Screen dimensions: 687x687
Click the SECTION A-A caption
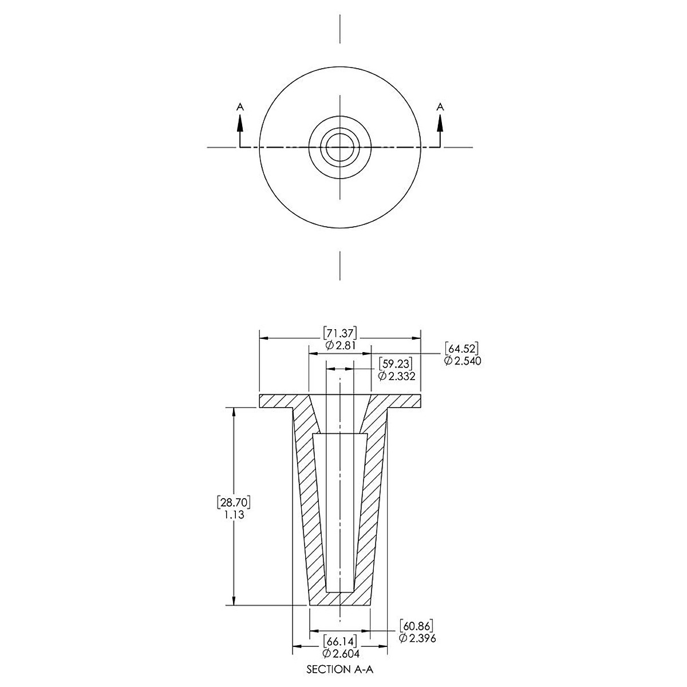(339, 669)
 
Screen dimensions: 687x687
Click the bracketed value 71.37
(339, 334)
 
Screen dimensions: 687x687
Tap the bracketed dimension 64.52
(461, 349)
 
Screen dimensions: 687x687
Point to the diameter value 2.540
(463, 361)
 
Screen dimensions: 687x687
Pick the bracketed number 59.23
(396, 364)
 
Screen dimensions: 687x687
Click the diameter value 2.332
(397, 376)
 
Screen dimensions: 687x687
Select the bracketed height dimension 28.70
(234, 502)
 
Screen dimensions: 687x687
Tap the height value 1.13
(234, 515)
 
